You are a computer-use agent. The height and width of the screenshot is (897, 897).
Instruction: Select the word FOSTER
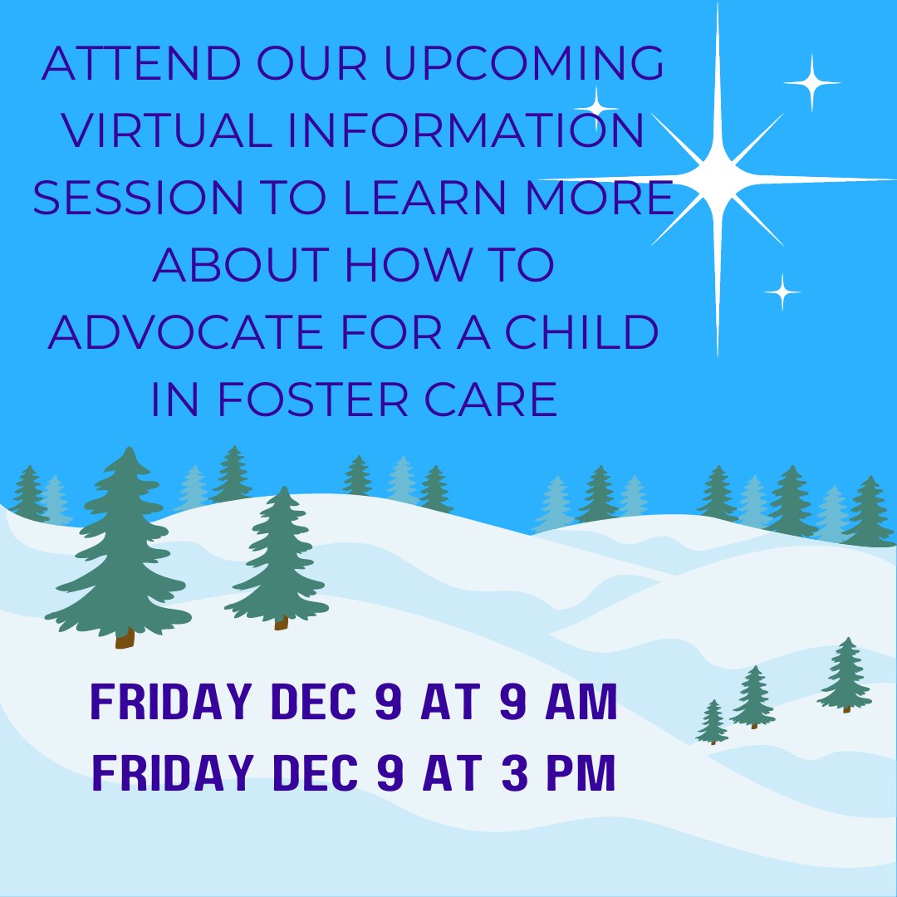coord(314,400)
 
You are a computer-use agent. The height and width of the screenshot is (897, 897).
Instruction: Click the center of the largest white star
coord(718,179)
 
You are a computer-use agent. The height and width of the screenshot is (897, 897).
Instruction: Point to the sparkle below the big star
coord(782,292)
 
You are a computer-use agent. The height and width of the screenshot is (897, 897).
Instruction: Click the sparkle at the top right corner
coord(811,82)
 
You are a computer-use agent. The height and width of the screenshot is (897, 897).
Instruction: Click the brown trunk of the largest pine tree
coord(125,637)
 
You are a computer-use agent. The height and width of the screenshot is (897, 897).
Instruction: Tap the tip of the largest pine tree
coord(129,450)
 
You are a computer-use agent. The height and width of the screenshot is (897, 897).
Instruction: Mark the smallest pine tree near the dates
coord(712,723)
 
